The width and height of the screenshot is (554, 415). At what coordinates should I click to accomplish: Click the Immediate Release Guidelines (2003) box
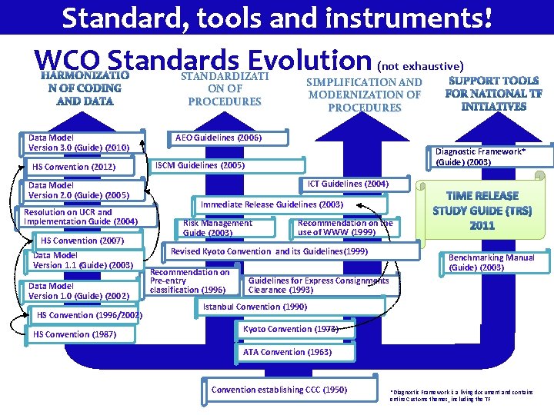[x=272, y=205]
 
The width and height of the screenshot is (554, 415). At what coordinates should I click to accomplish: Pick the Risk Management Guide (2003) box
[x=225, y=227]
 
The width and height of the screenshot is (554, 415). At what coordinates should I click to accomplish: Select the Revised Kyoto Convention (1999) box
[x=269, y=252]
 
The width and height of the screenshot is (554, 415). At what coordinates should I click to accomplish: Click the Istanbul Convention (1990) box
[x=254, y=307]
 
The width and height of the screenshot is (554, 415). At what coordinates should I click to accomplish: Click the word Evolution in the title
[x=307, y=61]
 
